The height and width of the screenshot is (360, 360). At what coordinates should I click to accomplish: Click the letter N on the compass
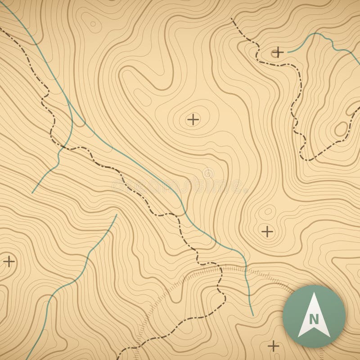[x=314, y=319]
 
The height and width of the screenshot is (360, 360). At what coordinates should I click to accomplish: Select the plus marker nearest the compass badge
[x=273, y=346]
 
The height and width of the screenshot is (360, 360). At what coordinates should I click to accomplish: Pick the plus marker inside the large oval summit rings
[x=193, y=120]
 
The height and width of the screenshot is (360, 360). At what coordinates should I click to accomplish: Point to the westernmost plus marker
[x=9, y=261]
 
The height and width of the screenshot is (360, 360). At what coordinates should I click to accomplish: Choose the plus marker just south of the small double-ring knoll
[x=267, y=232]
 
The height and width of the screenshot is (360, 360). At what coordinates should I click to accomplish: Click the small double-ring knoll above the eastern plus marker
[x=269, y=211]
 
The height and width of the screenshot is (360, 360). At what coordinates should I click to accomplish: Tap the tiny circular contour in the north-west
[x=93, y=24]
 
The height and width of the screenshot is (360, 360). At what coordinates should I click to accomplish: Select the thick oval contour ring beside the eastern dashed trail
[x=341, y=129]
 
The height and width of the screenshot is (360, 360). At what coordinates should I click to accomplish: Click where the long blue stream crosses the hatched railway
[x=246, y=268]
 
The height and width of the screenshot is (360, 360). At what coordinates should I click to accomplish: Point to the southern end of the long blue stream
[x=253, y=315]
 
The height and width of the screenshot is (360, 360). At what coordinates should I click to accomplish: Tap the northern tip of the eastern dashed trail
[x=231, y=19]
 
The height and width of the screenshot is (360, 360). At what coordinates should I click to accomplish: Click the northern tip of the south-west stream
[x=117, y=215]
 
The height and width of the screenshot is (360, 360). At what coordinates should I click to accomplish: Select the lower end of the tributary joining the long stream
[x=32, y=193]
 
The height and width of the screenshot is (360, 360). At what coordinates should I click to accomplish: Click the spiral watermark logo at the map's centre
[x=208, y=173]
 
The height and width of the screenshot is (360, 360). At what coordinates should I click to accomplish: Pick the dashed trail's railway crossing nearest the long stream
[x=220, y=269]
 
